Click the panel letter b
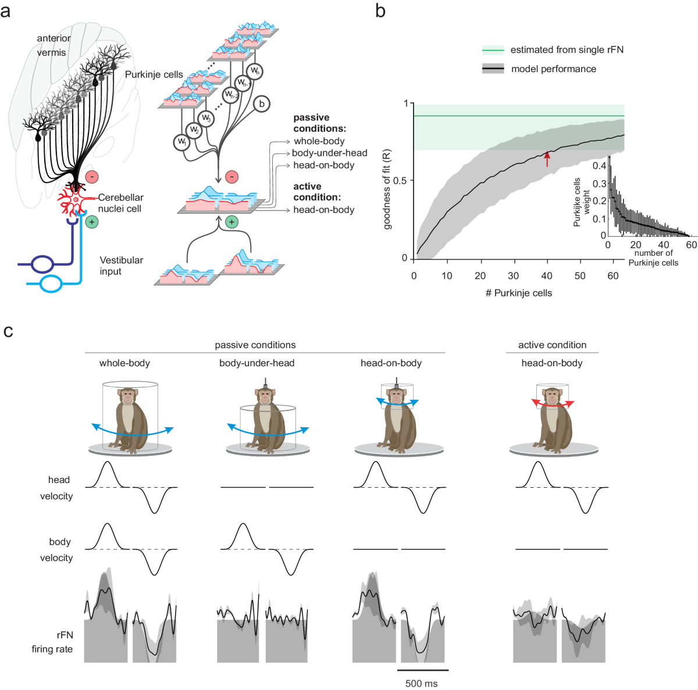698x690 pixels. [380, 10]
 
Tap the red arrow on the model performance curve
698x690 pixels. [547, 158]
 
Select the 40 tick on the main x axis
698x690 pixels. [547, 276]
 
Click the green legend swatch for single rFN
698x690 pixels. [493, 50]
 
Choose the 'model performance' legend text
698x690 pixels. [553, 69]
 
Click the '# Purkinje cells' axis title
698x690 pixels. [519, 293]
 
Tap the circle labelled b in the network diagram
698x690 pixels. [262, 104]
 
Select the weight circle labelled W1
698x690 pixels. [182, 142]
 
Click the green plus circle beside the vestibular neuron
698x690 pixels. [91, 222]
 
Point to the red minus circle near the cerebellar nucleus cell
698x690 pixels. [91, 177]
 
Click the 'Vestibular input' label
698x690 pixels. [121, 266]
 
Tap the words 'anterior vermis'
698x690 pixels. [53, 45]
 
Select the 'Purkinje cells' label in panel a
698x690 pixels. [154, 74]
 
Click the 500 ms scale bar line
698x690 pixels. [422, 670]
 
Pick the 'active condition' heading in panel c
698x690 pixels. [552, 345]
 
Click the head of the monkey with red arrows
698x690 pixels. [552, 397]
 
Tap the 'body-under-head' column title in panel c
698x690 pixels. [257, 363]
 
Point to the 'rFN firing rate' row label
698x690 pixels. [52, 642]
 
